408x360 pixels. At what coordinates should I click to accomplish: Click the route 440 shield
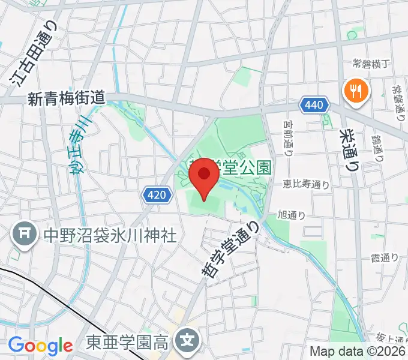tap(316, 106)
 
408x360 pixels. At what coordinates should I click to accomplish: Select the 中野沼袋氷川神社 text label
tap(109, 235)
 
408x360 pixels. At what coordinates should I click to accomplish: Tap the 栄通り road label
tap(347, 150)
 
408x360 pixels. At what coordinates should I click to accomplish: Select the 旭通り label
tap(292, 214)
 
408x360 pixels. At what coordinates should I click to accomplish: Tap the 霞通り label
tap(385, 259)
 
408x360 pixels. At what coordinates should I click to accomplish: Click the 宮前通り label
tap(289, 137)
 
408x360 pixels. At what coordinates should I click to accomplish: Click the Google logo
tap(40, 346)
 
